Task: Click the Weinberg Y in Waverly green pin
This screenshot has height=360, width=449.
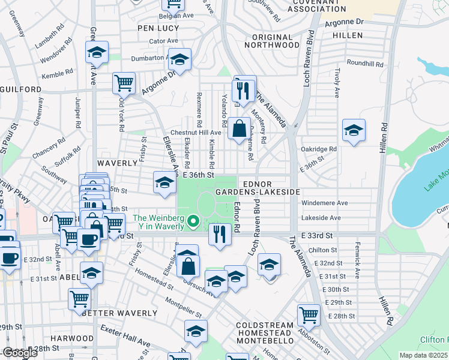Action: [193, 223]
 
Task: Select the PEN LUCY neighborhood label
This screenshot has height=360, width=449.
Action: [155, 28]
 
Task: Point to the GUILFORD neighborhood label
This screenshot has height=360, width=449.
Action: [21, 89]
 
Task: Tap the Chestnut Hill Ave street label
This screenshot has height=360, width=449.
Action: [196, 132]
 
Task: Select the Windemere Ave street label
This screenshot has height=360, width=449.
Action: [325, 203]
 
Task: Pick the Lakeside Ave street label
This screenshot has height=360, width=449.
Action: [321, 218]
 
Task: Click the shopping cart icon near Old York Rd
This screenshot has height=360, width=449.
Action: [124, 82]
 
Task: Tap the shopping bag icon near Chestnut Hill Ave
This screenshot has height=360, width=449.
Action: [239, 127]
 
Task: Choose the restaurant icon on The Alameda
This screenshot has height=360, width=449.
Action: [244, 89]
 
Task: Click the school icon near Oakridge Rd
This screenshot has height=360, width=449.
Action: [354, 130]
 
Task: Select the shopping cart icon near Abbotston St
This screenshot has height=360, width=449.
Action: [309, 314]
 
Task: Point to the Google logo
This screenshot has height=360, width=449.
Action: [20, 353]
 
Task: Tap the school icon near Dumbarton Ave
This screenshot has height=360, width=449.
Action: [179, 59]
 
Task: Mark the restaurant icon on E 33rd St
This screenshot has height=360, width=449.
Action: [220, 232]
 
